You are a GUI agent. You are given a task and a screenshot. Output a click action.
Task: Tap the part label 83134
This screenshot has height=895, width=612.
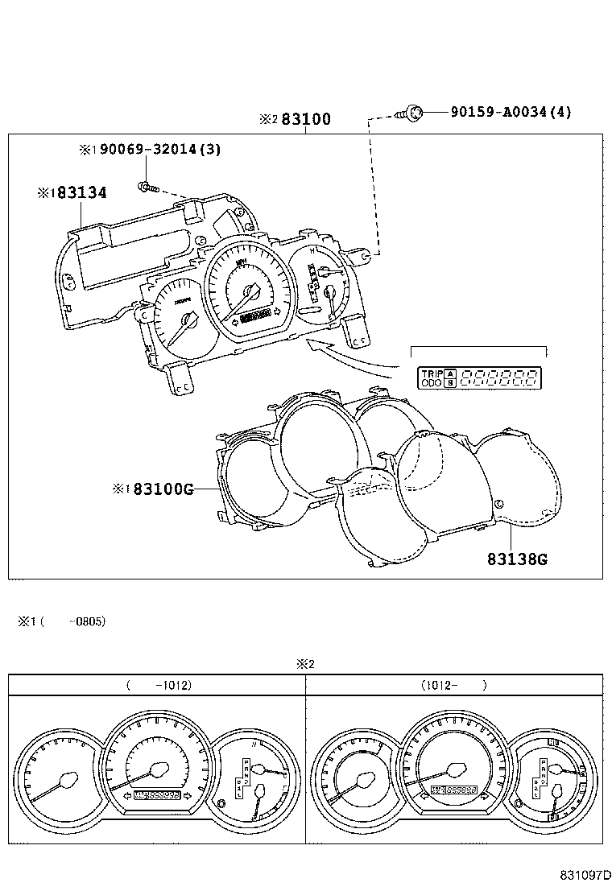(81, 192)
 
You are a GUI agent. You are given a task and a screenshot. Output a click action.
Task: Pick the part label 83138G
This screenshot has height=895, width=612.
(516, 559)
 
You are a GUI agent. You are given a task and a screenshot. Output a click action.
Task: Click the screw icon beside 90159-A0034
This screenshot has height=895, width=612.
(412, 113)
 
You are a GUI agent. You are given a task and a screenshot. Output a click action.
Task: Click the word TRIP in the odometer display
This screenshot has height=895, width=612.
(432, 373)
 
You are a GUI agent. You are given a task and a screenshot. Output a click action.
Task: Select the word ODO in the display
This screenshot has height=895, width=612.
(432, 383)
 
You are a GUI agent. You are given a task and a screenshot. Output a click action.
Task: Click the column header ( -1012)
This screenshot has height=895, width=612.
(159, 686)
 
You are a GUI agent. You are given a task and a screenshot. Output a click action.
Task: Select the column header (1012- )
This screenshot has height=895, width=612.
(453, 686)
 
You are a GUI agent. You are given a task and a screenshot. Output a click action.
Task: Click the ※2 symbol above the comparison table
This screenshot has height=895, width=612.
(304, 665)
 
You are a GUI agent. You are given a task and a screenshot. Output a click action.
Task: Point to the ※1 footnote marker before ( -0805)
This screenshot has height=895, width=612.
(27, 621)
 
